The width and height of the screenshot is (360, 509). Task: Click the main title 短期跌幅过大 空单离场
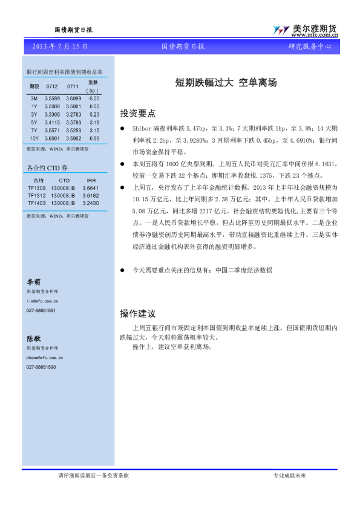point(226,83)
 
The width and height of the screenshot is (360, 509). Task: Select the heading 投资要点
point(138,113)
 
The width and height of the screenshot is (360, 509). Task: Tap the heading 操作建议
point(138,314)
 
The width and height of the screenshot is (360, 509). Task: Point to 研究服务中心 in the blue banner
point(309,46)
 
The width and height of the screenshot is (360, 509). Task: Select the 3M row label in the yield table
point(34,98)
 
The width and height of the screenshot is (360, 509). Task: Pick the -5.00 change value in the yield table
point(93,98)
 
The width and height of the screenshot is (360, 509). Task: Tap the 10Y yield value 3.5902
point(74,138)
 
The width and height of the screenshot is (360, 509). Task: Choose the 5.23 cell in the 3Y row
point(94,114)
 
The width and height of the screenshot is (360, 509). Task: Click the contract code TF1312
point(38,195)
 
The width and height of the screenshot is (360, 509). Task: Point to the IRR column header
point(91,180)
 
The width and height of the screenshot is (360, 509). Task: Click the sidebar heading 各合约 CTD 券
point(48,167)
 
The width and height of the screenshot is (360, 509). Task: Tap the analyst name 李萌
point(33,282)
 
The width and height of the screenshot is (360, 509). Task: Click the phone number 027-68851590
point(41,367)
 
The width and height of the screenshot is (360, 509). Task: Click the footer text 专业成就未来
point(290,476)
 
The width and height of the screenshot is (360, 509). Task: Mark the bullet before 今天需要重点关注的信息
point(123,271)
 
